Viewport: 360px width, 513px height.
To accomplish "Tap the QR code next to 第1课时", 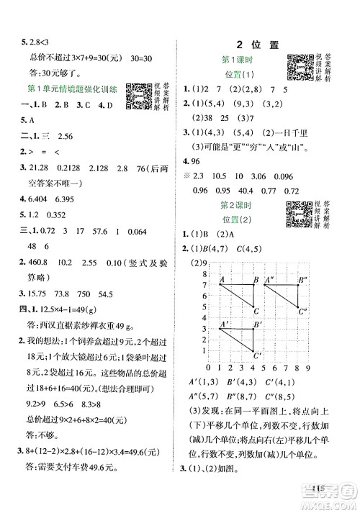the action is click(x=300, y=68).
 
